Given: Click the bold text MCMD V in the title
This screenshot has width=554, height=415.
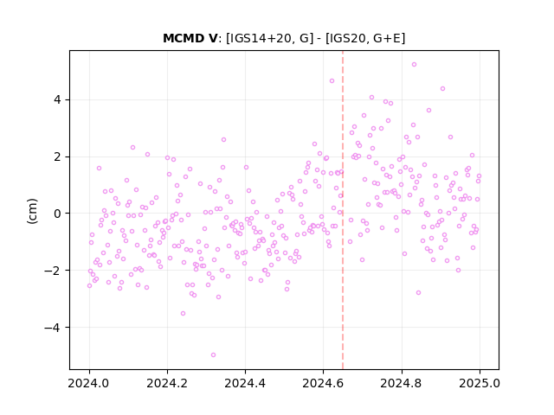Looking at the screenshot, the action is pos(190,38).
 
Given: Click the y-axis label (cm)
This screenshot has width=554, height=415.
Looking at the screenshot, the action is pos(32,211).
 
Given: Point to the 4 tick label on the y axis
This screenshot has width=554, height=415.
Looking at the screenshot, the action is pos(57,100).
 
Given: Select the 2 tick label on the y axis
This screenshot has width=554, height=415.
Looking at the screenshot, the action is pos(57,156).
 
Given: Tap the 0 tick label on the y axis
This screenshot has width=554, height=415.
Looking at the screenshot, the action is pos(57,214).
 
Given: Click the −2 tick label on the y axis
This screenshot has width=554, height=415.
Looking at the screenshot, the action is pos(53,271).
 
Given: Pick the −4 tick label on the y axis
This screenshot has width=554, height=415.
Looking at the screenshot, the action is pos(53,328).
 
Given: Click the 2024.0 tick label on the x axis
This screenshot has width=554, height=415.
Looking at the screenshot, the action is pos(89,383).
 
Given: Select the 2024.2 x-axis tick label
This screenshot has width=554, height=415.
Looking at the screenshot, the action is pos(167,383).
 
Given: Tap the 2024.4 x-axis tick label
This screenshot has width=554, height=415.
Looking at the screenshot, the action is pos(245,383).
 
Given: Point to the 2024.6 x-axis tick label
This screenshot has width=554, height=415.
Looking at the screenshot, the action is pos(323,383).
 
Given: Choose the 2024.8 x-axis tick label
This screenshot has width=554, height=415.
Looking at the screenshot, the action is pos(402,383).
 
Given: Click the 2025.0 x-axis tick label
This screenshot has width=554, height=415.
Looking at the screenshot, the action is pos(480,383).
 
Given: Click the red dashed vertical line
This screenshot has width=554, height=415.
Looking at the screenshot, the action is pos(343,210).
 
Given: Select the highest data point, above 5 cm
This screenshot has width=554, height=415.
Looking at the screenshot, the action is pos(414,65).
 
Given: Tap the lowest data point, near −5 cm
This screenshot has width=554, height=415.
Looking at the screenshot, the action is pos(213,355).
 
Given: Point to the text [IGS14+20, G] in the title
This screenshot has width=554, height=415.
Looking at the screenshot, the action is pos(269,38).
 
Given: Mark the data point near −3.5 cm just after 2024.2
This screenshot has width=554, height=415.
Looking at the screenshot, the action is pos(183,313).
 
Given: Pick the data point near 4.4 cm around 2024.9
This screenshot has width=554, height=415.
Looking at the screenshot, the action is pos(442,88).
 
